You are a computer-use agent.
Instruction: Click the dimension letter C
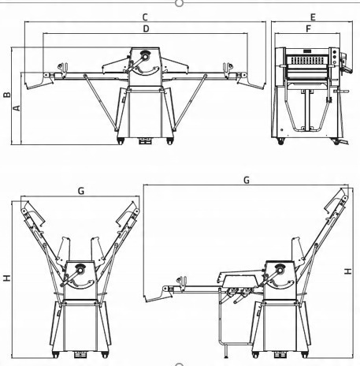[145, 17]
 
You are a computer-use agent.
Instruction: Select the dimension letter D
[146, 28]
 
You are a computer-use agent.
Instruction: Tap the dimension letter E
[313, 17]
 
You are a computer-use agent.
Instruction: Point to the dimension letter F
[309, 28]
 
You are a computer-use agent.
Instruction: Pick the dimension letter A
[17, 108]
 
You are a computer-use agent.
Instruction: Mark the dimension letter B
[7, 95]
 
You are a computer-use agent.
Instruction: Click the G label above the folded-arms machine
[81, 191]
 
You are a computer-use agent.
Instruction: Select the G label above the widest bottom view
[247, 180]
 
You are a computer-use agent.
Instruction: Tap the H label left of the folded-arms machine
[7, 278]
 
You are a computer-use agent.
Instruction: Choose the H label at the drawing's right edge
[347, 271]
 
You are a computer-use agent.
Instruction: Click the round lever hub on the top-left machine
[145, 56]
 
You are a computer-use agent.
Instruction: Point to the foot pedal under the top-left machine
[145, 141]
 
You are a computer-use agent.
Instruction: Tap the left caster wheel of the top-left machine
[120, 141]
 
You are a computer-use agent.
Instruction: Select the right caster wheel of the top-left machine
[170, 141]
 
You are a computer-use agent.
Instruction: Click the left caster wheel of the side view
[280, 141]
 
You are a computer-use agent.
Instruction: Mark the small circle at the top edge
[179, 3]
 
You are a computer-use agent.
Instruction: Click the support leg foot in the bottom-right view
[226, 357]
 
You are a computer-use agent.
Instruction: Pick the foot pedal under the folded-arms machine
[80, 354]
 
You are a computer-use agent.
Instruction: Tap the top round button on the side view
[335, 52]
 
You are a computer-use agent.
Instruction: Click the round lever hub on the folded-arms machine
[80, 270]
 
